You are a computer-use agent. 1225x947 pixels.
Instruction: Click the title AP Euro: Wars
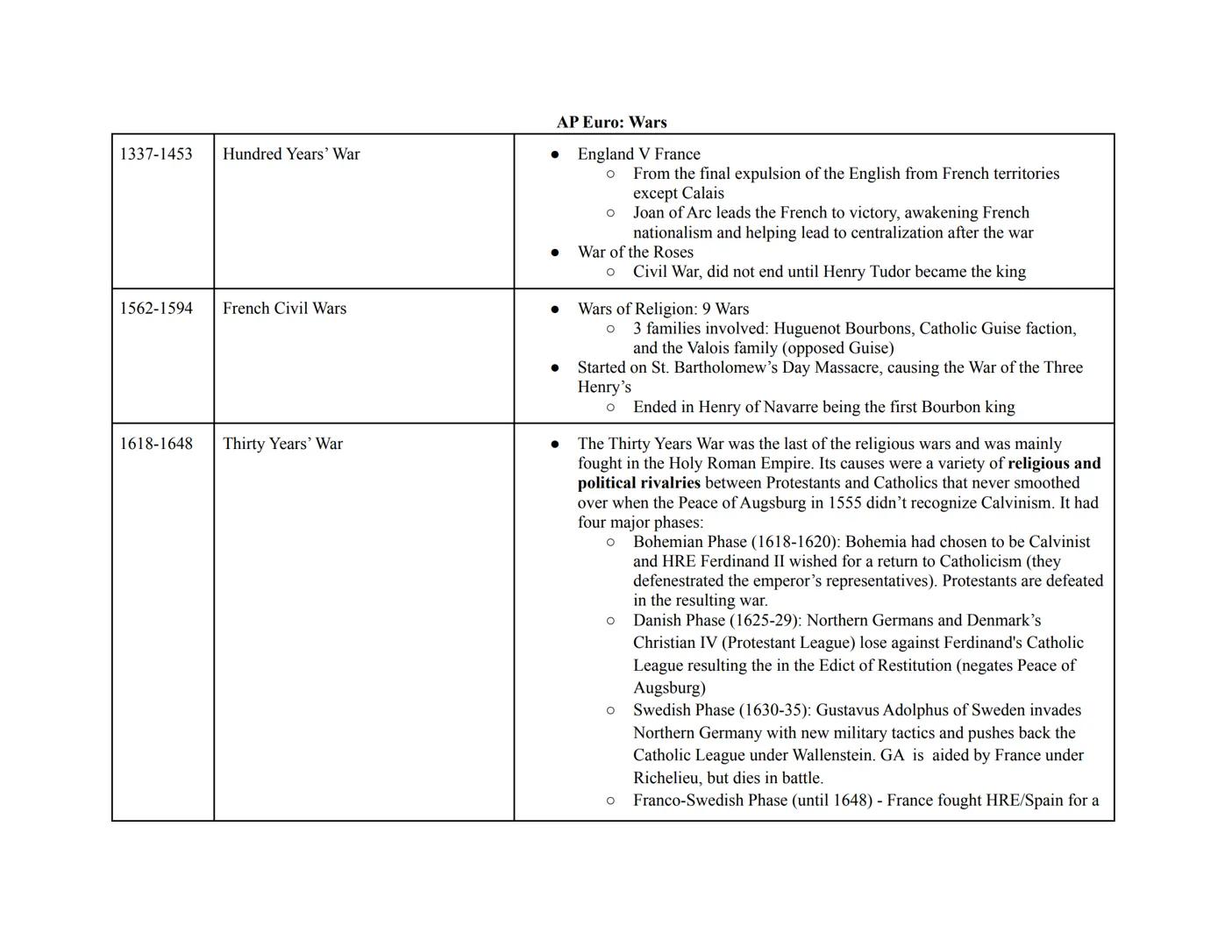point(611,122)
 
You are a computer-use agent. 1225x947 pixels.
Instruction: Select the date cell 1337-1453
point(156,154)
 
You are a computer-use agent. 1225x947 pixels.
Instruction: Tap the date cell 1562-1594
point(156,309)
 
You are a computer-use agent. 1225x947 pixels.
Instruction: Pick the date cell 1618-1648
point(156,444)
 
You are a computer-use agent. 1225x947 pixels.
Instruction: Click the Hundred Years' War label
point(291,154)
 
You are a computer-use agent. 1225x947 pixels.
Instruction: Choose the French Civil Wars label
point(284,309)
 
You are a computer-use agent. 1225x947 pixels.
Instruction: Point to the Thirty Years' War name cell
point(282,444)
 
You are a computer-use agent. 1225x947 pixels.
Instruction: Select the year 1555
point(846,503)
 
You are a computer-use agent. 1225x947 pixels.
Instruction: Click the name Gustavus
point(849,710)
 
